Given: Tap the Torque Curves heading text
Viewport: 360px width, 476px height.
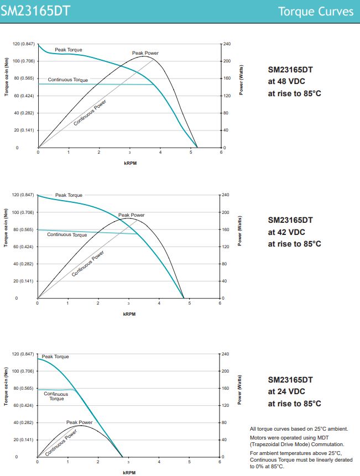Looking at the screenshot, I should [315, 12].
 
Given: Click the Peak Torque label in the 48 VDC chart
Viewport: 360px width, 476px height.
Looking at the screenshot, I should [68, 50].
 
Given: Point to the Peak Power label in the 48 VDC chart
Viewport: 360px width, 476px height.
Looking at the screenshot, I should [145, 53].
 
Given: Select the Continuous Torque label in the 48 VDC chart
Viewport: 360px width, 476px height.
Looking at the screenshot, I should [67, 80].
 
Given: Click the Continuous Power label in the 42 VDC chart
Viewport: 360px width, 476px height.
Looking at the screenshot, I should [88, 264].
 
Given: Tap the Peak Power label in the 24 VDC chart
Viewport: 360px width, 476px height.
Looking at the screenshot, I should [79, 422].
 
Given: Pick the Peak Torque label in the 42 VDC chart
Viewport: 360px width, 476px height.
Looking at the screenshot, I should [68, 195].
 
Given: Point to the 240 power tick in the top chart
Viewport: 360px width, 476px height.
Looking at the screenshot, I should [227, 44].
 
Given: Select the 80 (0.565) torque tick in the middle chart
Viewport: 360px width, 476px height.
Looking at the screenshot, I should [23, 229].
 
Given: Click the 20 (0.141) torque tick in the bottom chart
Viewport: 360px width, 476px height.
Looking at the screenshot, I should [23, 440].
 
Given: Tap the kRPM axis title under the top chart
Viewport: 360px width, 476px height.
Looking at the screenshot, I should [129, 163].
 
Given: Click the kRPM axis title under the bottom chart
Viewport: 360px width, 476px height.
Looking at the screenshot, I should [129, 473].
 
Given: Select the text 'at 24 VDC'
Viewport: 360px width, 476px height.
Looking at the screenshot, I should [286, 391].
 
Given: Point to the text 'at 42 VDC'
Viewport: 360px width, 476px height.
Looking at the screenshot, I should [286, 232].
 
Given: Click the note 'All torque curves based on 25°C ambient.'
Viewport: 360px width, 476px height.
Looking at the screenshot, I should [299, 429].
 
